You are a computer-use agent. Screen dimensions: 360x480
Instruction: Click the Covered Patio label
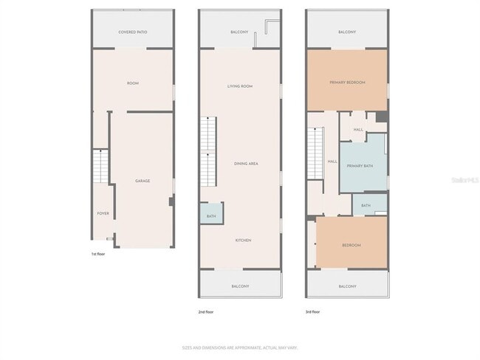pyautogui.click(x=133, y=32)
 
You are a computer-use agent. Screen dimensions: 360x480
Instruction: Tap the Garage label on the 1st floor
pyautogui.click(x=143, y=181)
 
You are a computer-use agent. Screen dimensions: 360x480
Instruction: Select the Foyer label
pyautogui.click(x=103, y=213)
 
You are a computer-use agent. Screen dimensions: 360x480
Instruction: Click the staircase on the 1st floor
pyautogui.click(x=100, y=166)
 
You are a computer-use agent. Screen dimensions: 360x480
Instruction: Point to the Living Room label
pyautogui.click(x=240, y=86)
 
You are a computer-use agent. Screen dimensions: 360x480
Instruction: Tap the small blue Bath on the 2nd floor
pyautogui.click(x=211, y=215)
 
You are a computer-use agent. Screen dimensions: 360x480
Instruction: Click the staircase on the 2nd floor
pyautogui.click(x=210, y=151)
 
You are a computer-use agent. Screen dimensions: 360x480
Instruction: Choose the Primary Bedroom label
pyautogui.click(x=347, y=83)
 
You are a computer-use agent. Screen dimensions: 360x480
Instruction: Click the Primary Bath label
pyautogui.click(x=360, y=166)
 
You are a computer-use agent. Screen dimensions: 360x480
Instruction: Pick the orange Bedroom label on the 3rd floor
pyautogui.click(x=351, y=245)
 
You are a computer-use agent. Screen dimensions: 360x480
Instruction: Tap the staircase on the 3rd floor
pyautogui.click(x=317, y=152)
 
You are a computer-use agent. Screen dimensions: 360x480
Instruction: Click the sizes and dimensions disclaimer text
pyautogui.click(x=239, y=347)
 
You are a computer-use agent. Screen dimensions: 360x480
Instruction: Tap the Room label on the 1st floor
pyautogui.click(x=133, y=83)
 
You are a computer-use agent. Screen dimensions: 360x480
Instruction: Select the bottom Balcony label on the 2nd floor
pyautogui.click(x=240, y=286)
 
